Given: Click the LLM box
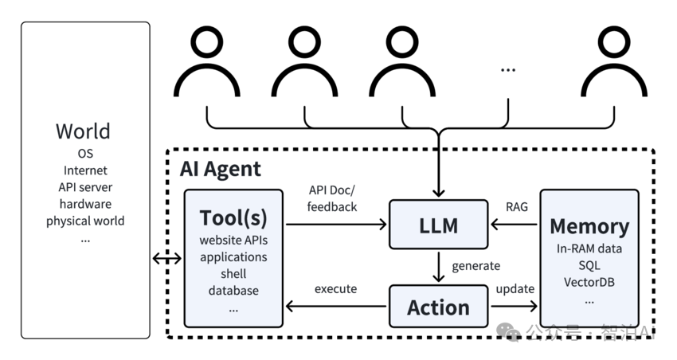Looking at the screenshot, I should point(438,226).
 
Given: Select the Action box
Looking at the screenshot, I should point(438,307).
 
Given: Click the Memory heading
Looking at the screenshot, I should point(589,225).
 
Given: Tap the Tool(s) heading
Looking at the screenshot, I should point(233,217).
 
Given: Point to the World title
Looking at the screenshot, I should point(83,131).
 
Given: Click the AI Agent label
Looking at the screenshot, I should point(221,169).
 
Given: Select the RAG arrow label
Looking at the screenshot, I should point(516,206).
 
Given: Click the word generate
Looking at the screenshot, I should point(475,266).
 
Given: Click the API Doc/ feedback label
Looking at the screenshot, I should point(333,198).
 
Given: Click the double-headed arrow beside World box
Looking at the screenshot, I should point(166,258).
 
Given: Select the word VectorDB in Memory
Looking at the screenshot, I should point(589,282).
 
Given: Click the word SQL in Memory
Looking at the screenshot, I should point(589,265).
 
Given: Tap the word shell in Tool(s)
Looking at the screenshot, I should point(233,274).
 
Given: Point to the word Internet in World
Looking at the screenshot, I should point(85,170).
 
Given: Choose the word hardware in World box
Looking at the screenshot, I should point(85,204).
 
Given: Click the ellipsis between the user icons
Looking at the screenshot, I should point(508,70).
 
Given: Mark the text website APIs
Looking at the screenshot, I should point(233,241).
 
